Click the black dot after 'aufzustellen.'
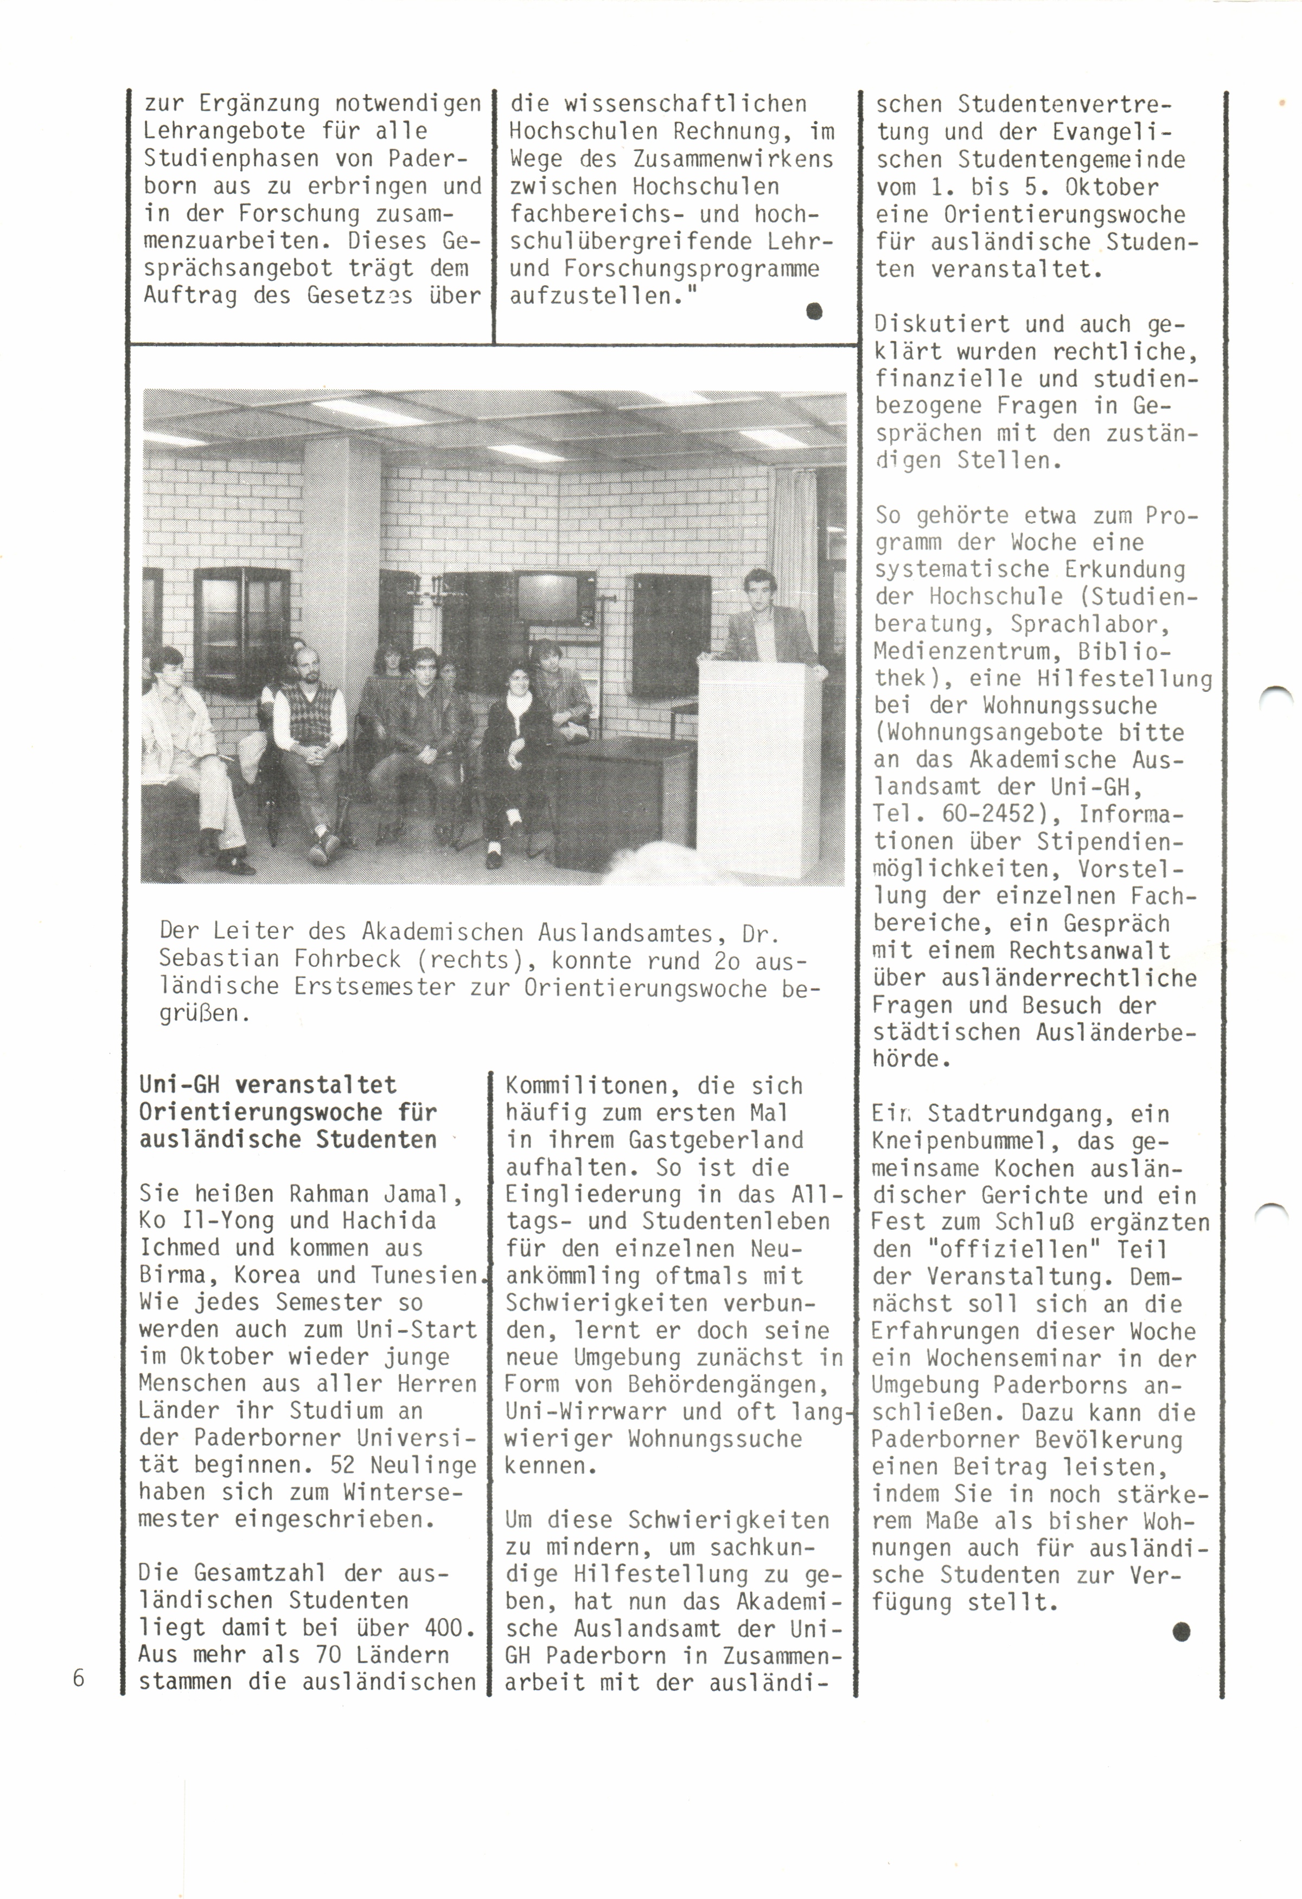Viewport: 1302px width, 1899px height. click(813, 311)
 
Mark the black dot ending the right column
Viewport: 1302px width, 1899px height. click(1180, 1632)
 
